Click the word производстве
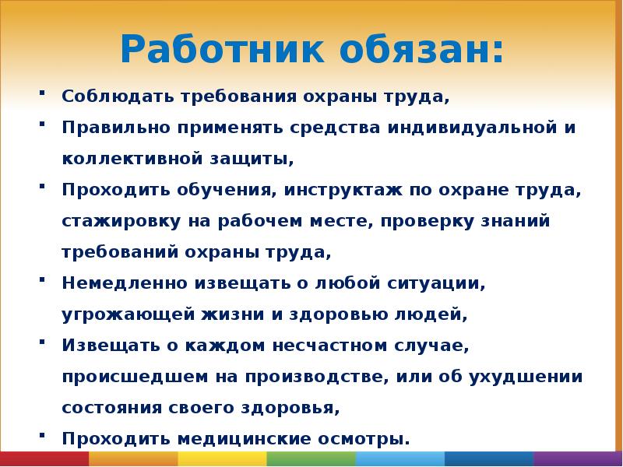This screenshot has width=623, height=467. [x=318, y=377]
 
